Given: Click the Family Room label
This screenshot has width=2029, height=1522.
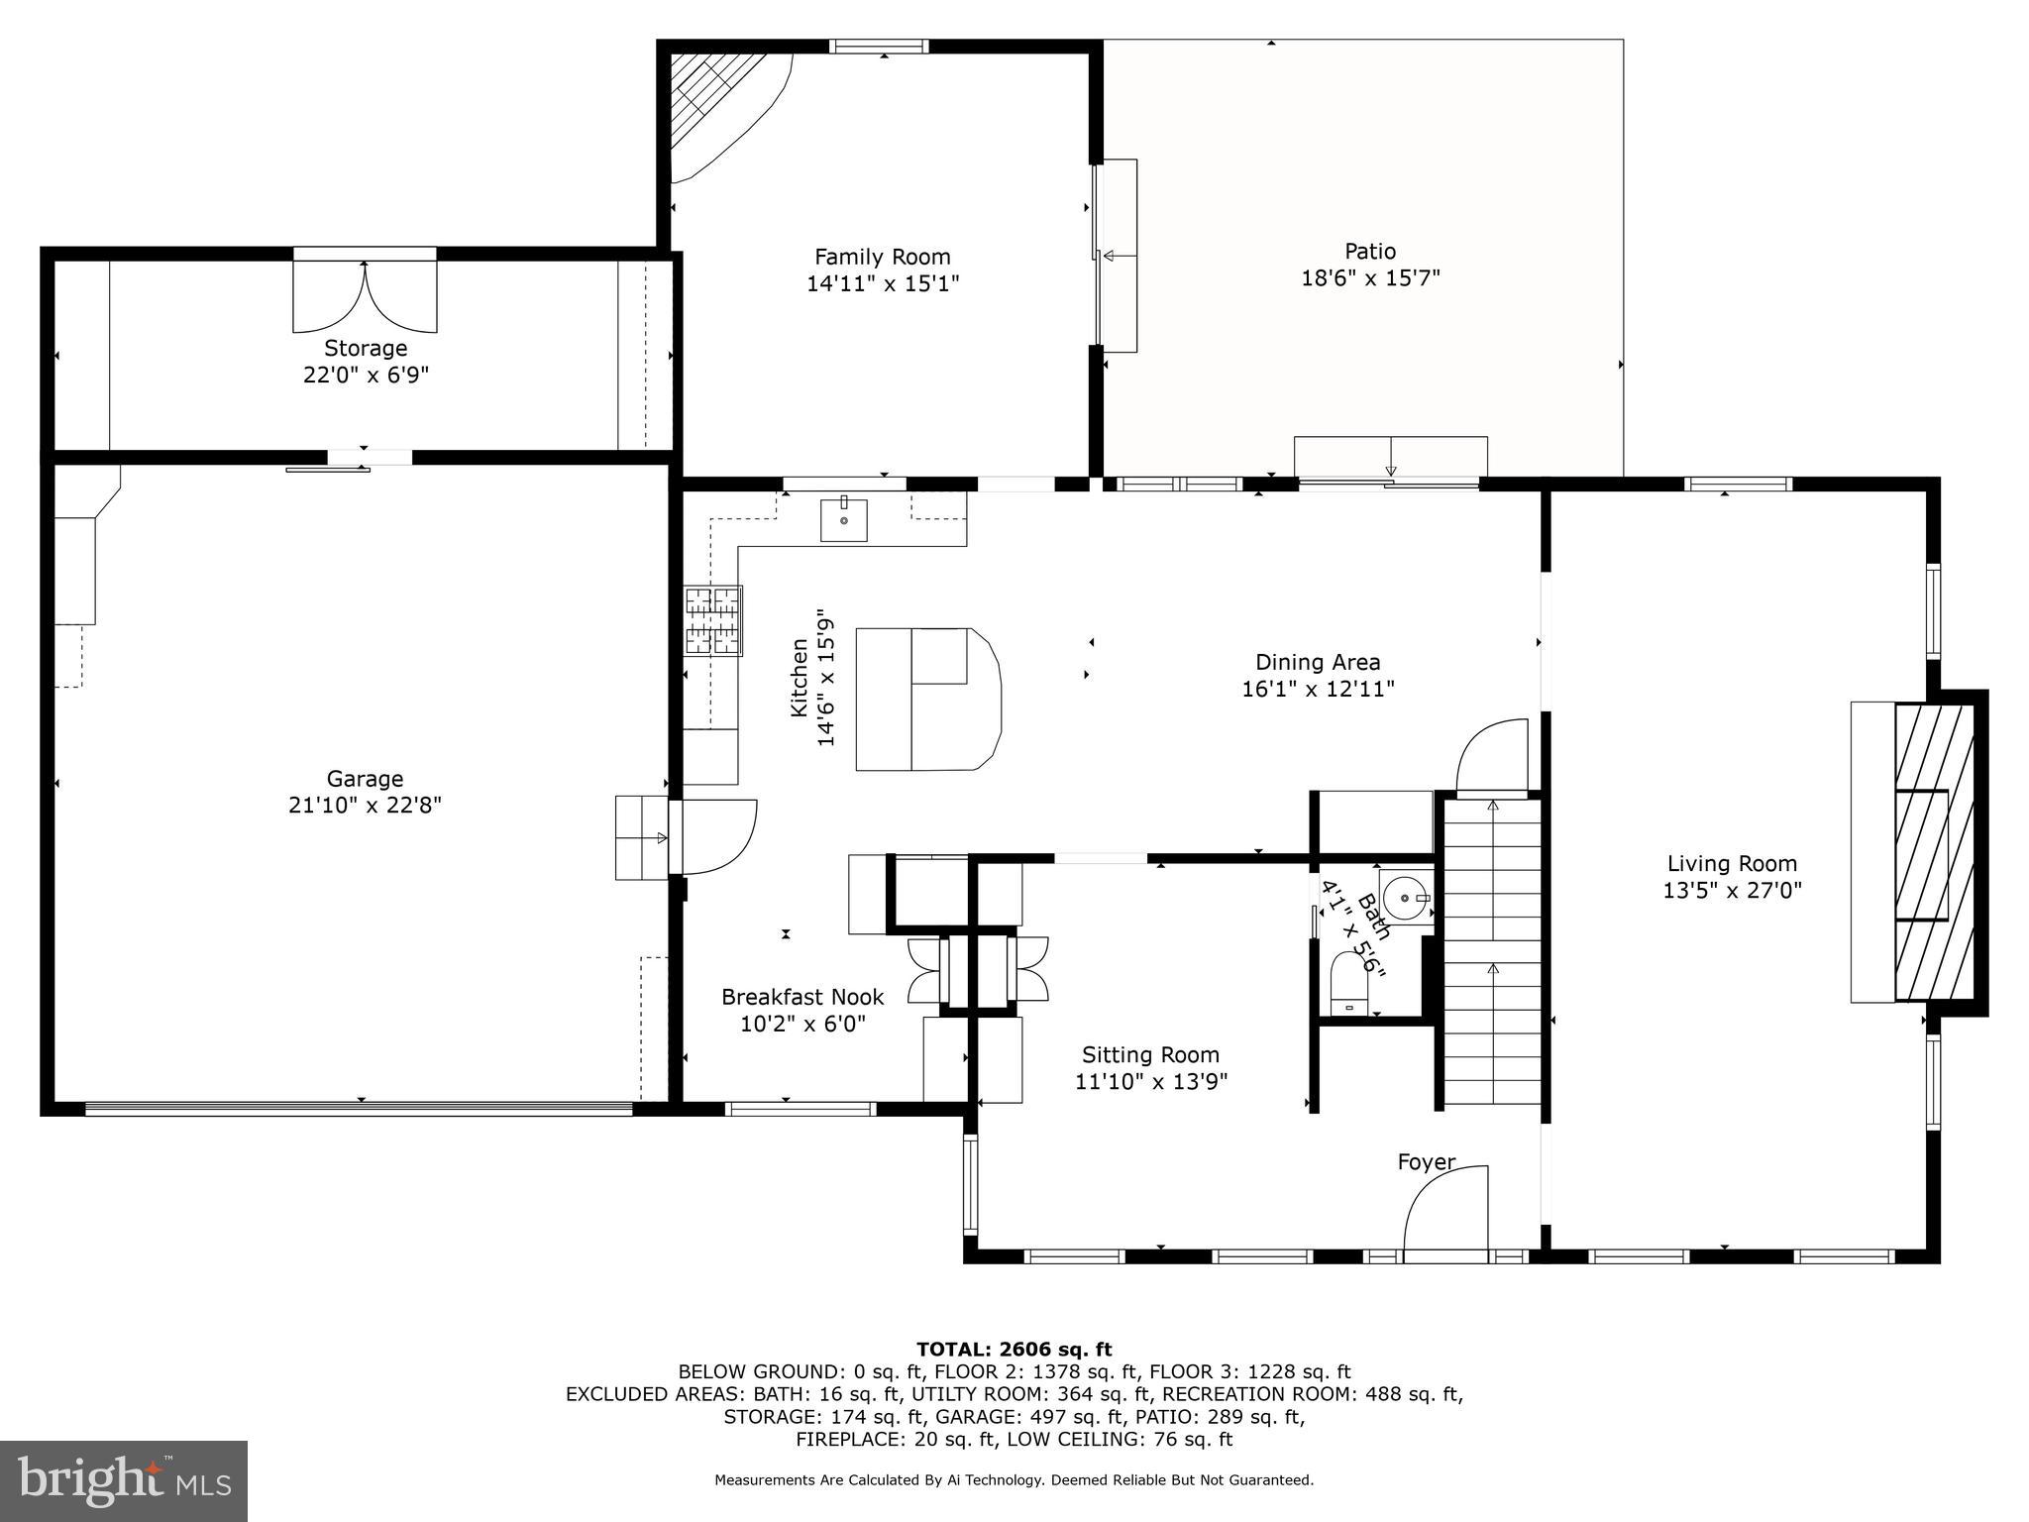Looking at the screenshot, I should (882, 258).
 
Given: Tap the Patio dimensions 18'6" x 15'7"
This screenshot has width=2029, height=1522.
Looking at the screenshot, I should (1369, 278).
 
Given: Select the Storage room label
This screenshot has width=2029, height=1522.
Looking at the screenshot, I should (366, 349).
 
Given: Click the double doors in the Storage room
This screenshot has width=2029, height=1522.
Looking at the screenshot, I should (365, 295).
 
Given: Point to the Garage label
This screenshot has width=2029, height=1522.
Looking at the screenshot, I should (365, 779).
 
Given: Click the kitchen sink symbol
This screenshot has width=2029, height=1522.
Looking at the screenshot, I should (843, 520).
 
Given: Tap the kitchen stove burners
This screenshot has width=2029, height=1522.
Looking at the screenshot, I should (713, 621).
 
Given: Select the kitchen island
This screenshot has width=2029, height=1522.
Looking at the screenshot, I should (926, 699).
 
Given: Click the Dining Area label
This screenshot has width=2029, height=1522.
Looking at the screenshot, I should (1317, 662).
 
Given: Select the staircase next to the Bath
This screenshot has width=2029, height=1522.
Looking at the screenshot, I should (1491, 951).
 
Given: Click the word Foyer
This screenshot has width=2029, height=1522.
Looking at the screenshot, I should (1426, 1161).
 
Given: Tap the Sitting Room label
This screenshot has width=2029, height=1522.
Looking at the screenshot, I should (1149, 1054).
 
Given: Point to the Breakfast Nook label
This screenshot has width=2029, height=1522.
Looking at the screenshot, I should (801, 997).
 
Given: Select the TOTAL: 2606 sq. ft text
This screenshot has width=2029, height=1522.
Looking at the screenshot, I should (1014, 1349).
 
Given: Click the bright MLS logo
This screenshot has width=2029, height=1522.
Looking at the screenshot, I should (124, 1480).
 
